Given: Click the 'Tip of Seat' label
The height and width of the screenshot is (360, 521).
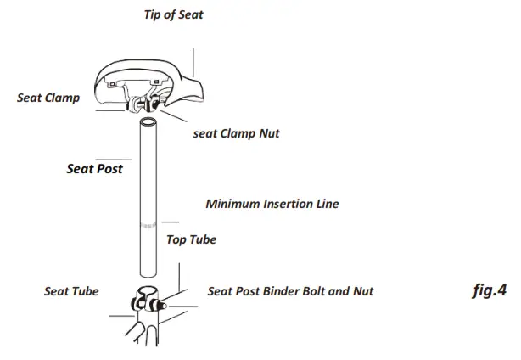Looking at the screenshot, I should point(174,14).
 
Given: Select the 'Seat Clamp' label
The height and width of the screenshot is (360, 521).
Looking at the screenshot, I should point(48,98).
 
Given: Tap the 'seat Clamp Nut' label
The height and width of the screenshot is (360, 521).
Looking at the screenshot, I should point(237,133).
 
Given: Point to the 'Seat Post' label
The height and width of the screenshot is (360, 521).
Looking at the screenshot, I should point(94,168).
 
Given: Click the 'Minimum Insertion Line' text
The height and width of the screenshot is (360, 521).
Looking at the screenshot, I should point(272,204).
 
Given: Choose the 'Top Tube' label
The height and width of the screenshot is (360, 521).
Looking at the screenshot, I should point(191,239).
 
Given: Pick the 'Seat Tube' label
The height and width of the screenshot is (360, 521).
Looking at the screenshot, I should point(71,291).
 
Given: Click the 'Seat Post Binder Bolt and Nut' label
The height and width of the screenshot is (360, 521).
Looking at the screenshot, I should point(290,291).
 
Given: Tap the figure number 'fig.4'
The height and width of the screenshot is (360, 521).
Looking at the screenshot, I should point(489,290).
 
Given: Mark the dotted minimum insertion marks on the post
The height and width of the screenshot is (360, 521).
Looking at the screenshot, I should point(148,226).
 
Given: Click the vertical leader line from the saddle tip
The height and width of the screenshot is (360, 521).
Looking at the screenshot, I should point(193,64).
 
